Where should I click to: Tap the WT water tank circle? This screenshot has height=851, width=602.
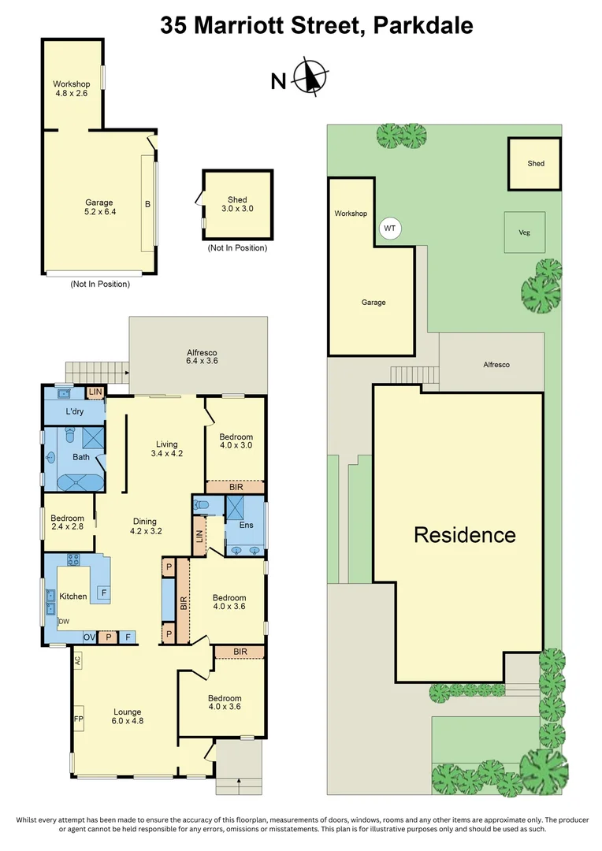[x=389, y=229]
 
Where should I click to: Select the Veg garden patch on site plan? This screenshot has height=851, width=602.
[x=523, y=232]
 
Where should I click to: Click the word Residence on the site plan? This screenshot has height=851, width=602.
[x=465, y=535]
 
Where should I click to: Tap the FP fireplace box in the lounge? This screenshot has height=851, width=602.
[x=78, y=719]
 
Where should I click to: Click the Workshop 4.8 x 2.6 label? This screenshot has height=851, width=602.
[x=72, y=89]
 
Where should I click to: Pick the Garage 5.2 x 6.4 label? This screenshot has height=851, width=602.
[x=99, y=207]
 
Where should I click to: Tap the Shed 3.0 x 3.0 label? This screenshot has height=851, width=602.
[x=237, y=204]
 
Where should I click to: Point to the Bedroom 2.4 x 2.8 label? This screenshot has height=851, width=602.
[x=67, y=522]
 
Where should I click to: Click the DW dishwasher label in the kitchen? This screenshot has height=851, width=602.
[x=64, y=622]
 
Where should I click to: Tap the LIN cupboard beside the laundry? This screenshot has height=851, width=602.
[x=95, y=392]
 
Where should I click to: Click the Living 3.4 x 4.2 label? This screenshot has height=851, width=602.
[x=166, y=448]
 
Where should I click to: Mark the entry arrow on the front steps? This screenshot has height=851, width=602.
[x=239, y=782]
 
